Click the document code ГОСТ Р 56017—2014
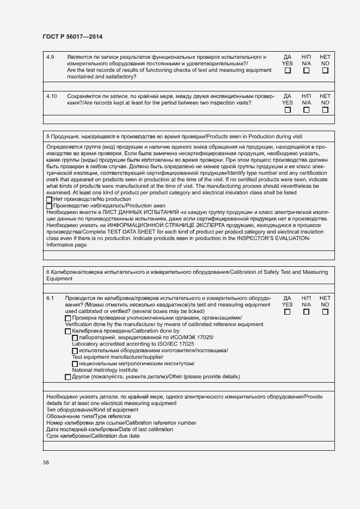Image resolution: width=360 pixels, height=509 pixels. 72,36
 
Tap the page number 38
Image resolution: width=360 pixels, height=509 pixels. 46,462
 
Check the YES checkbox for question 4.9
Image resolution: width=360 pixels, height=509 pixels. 288,70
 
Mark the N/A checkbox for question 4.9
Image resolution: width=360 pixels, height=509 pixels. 306,70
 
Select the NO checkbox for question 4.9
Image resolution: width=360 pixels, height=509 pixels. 325,70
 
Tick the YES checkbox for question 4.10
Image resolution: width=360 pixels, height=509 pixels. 288,109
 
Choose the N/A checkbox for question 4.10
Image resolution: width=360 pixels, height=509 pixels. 306,109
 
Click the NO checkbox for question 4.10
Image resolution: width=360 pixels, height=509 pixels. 325,109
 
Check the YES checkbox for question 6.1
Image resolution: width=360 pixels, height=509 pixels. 288,312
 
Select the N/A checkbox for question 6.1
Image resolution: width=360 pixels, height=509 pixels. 306,312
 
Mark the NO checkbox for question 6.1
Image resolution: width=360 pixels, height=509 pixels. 325,312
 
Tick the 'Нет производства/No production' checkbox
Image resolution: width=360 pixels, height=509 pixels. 50,199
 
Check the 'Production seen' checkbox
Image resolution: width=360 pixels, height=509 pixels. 50,206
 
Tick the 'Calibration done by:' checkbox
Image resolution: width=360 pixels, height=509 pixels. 68,331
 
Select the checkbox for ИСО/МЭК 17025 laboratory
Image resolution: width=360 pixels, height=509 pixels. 75,338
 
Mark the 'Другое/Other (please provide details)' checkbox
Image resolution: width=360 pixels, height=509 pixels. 68,377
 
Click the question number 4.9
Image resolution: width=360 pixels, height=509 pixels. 50,57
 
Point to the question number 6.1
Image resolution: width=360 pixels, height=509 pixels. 50,298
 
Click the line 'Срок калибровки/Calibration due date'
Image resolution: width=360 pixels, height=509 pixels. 93,436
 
